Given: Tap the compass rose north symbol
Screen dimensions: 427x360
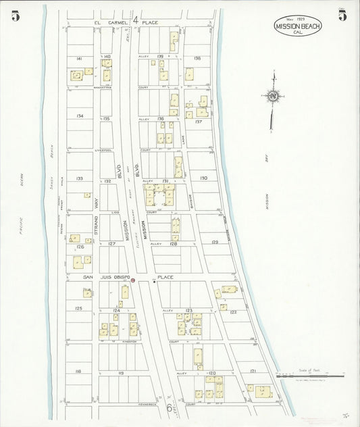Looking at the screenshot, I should [x=273, y=96].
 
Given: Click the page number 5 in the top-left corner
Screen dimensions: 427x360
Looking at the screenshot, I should [x=15, y=17].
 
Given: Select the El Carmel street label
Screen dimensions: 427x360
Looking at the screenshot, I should [x=106, y=22].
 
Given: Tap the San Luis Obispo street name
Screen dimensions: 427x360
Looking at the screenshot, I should [x=105, y=277].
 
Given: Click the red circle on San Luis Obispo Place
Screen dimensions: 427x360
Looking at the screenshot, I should [x=133, y=280].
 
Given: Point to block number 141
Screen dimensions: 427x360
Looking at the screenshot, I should [x=80, y=59].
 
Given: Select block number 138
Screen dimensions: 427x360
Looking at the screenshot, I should [x=197, y=59].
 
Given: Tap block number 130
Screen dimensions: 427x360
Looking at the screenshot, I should [x=203, y=178].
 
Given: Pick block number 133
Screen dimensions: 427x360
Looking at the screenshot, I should [x=80, y=178].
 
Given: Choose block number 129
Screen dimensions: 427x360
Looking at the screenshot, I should [x=215, y=242].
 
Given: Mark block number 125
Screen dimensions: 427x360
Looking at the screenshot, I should [x=79, y=308].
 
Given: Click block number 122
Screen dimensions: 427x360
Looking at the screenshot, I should [x=232, y=312].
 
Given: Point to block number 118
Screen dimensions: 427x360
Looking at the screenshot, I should [x=79, y=372].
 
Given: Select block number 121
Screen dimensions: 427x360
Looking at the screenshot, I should [x=253, y=372].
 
